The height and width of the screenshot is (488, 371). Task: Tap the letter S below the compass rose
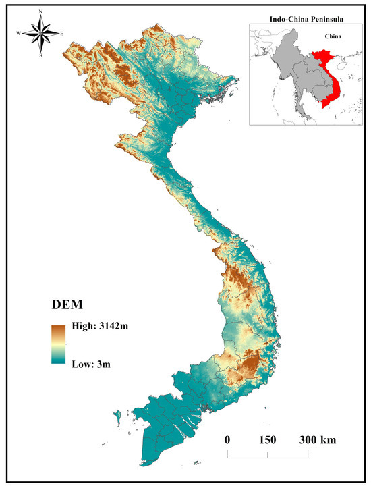click(41, 55)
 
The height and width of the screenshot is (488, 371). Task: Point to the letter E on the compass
click(62, 33)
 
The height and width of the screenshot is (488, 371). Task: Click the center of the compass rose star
click(41, 33)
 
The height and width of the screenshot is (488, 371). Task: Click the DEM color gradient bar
click(59, 345)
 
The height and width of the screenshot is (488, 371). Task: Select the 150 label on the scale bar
click(267, 439)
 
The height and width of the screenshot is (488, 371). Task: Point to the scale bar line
click(268, 456)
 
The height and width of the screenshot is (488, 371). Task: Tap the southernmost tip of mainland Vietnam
click(145, 466)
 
